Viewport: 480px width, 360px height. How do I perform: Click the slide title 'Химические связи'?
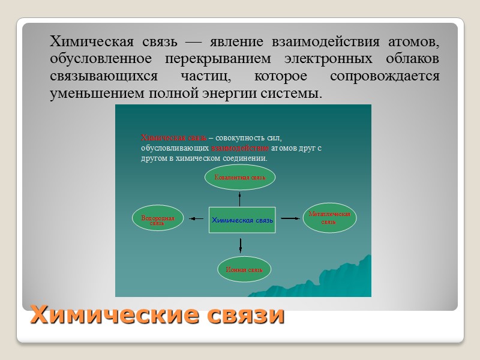(157, 314)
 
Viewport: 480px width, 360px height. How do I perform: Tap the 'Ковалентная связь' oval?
(240, 177)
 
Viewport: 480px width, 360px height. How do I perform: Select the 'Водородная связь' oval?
(157, 220)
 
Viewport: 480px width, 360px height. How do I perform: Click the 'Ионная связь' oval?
(244, 269)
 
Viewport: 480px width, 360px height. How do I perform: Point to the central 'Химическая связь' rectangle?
(242, 220)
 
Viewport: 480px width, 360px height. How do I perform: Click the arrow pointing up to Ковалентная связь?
(240, 197)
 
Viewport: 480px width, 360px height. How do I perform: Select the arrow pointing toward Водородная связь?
(197, 219)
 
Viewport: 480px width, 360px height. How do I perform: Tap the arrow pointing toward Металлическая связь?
(290, 218)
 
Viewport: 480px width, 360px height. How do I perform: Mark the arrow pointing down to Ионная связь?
(240, 245)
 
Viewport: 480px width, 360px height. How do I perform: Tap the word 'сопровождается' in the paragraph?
(385, 77)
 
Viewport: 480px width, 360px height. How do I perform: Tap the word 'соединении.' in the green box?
(246, 158)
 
